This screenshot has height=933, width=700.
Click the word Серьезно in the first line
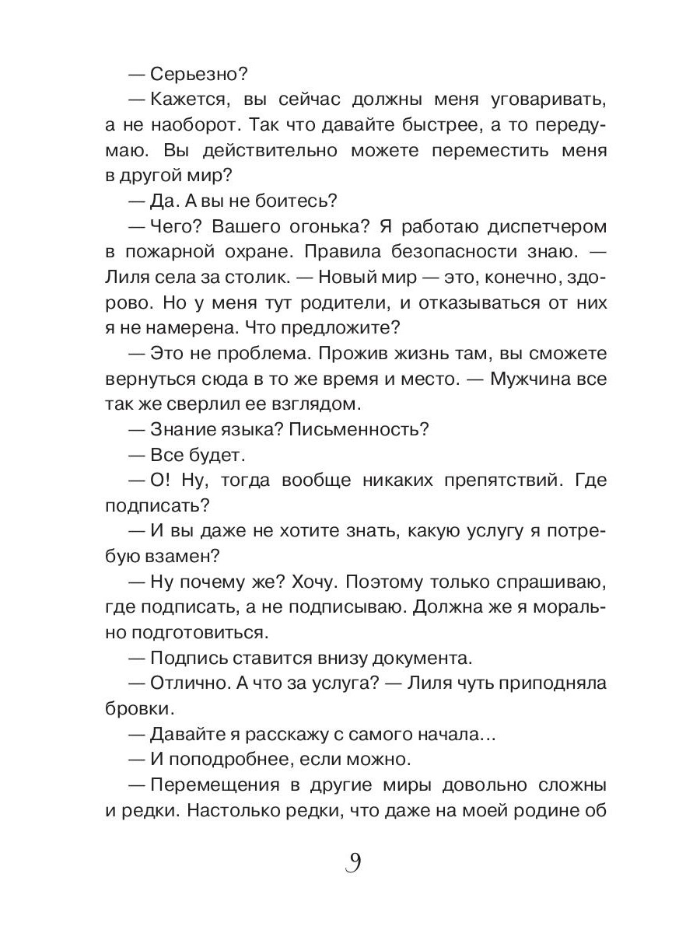(198, 75)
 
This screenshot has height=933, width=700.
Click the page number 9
(351, 864)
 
